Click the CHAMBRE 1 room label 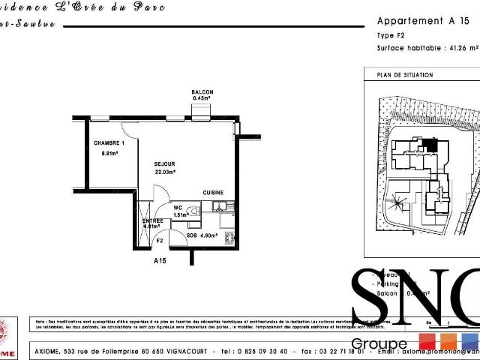click(109, 142)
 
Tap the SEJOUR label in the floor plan click(164, 163)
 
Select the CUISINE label click(213, 193)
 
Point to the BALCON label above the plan click(202, 92)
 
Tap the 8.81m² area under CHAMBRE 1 click(110, 153)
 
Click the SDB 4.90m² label click(202, 235)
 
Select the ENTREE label click(153, 220)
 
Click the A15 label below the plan click(160, 261)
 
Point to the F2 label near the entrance click(159, 241)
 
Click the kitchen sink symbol click(217, 205)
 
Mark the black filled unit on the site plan click(429, 145)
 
